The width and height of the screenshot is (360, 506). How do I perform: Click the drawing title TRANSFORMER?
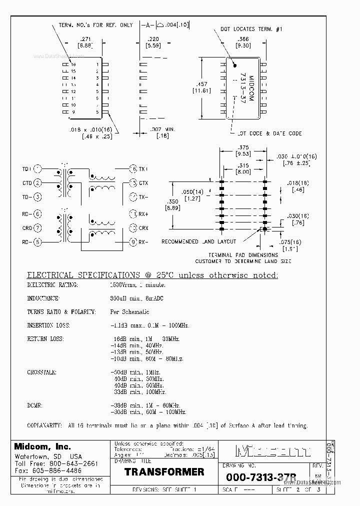164,472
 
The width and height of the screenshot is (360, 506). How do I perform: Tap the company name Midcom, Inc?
42,446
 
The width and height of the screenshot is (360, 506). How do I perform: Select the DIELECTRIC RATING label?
52,285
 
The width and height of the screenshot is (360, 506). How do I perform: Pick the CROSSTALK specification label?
41,372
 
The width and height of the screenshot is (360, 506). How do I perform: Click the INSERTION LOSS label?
48,325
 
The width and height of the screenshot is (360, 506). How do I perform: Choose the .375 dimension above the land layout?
243,147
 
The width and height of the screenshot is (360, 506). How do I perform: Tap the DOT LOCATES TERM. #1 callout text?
251,29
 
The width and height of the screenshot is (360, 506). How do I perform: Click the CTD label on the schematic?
27,183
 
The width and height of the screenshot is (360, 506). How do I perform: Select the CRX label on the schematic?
143,228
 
